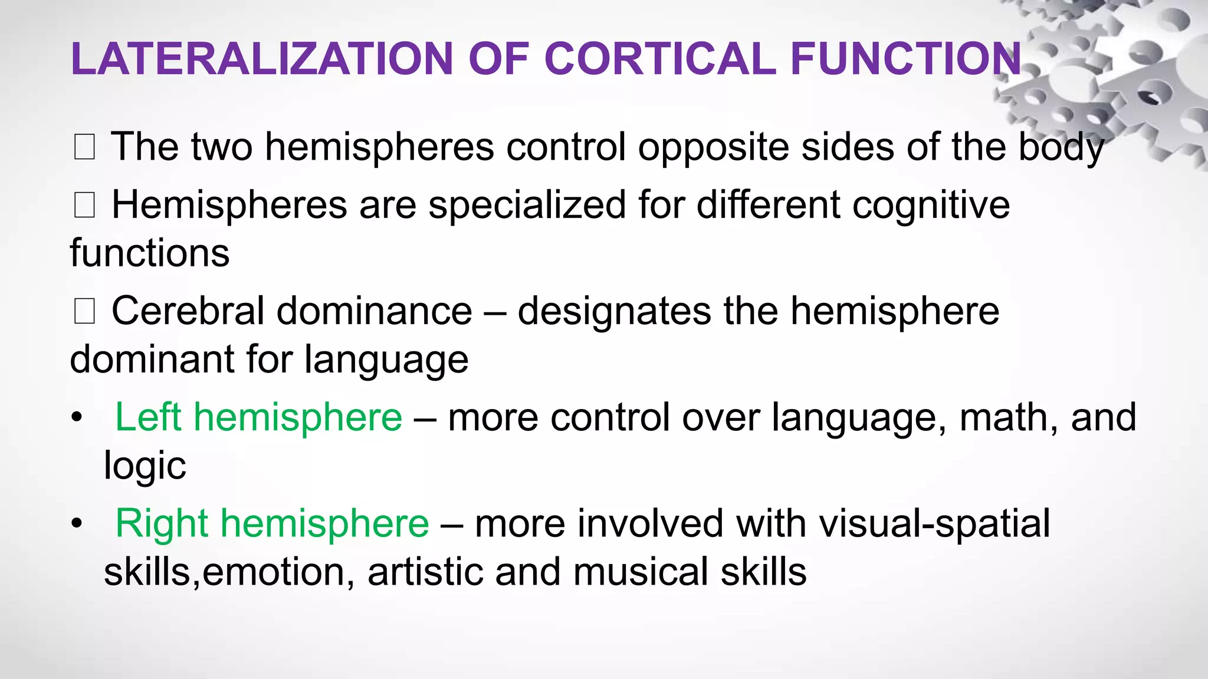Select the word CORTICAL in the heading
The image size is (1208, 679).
click(x=660, y=59)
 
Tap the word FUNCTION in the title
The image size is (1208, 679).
click(x=905, y=59)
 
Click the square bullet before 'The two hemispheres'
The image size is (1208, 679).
click(x=84, y=147)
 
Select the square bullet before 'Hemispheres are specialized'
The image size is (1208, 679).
click(x=84, y=206)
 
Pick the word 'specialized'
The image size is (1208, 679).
click(x=527, y=206)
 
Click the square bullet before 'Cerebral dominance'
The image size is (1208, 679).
click(x=84, y=312)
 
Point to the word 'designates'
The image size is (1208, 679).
click(x=614, y=312)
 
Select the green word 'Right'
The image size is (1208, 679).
click(x=162, y=523)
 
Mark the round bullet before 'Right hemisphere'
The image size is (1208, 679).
click(x=76, y=524)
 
